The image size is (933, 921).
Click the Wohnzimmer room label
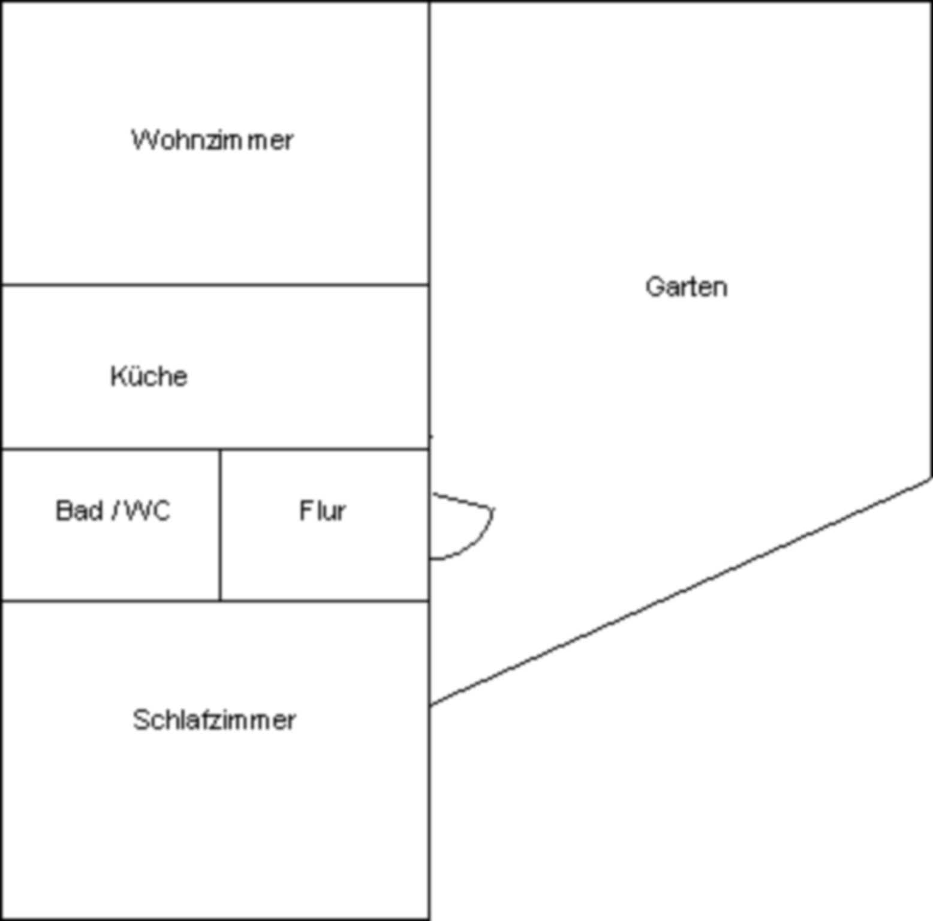(x=212, y=140)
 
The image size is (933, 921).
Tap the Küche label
(x=149, y=377)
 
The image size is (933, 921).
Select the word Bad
(x=79, y=511)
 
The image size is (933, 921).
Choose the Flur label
(x=323, y=511)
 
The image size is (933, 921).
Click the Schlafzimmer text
(x=214, y=720)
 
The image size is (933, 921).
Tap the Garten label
(x=687, y=287)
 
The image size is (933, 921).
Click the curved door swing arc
(x=474, y=544)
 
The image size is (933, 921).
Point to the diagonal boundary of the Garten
(x=681, y=592)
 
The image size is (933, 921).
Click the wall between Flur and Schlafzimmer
(x=324, y=600)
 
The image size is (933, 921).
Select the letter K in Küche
(x=117, y=377)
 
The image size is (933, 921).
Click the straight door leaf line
(x=462, y=501)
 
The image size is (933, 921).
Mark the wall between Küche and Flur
(x=324, y=449)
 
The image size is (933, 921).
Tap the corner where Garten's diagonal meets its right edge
(x=930, y=478)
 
